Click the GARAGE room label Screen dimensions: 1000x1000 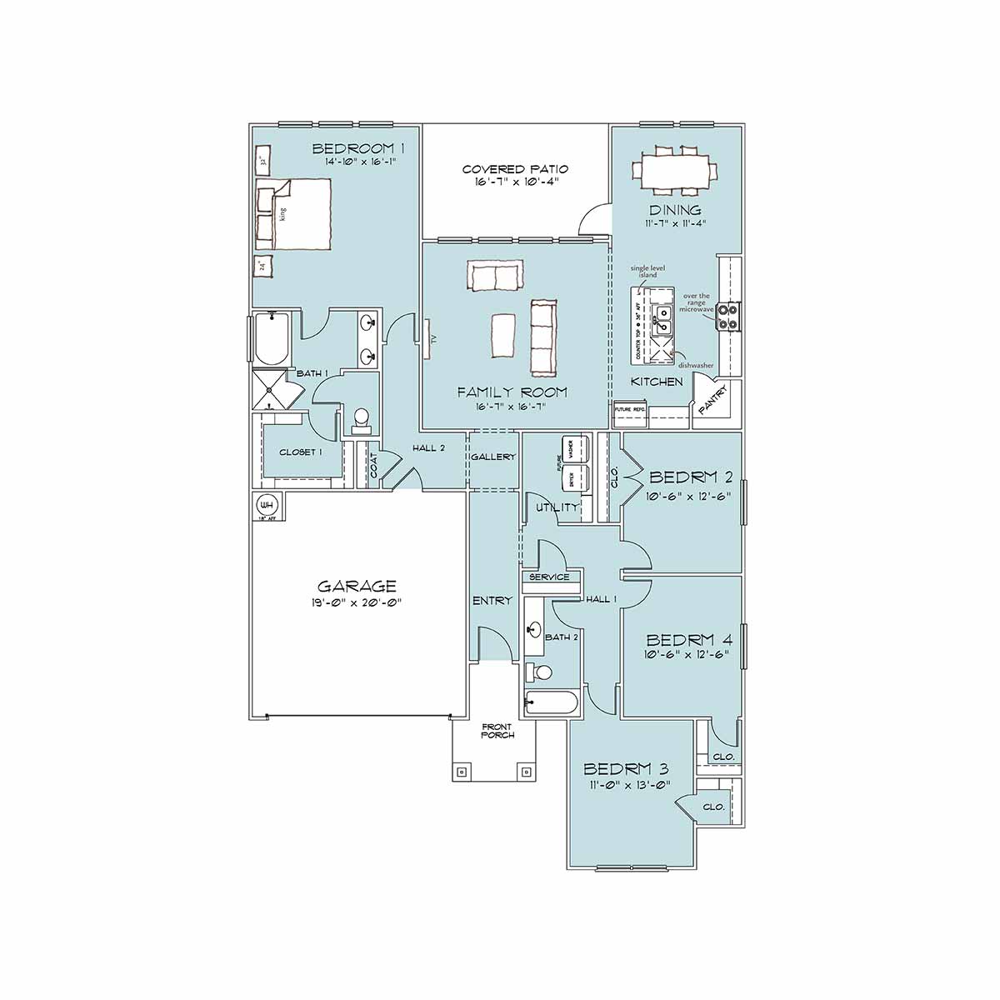(357, 587)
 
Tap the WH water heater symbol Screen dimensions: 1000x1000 (267, 505)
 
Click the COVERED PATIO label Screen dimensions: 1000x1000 (515, 169)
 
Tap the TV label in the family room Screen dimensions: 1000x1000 (432, 339)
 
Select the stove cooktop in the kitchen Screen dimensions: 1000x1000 (727, 316)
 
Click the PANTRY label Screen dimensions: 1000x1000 (713, 399)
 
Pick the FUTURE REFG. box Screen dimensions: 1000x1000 (630, 410)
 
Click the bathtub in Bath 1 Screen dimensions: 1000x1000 (271, 339)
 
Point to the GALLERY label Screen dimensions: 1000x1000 (492, 457)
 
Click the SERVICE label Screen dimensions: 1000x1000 (549, 577)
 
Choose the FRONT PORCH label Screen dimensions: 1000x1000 (497, 731)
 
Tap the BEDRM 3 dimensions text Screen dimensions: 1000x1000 (627, 784)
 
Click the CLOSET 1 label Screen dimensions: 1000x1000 (300, 452)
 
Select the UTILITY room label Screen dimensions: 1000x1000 (557, 507)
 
